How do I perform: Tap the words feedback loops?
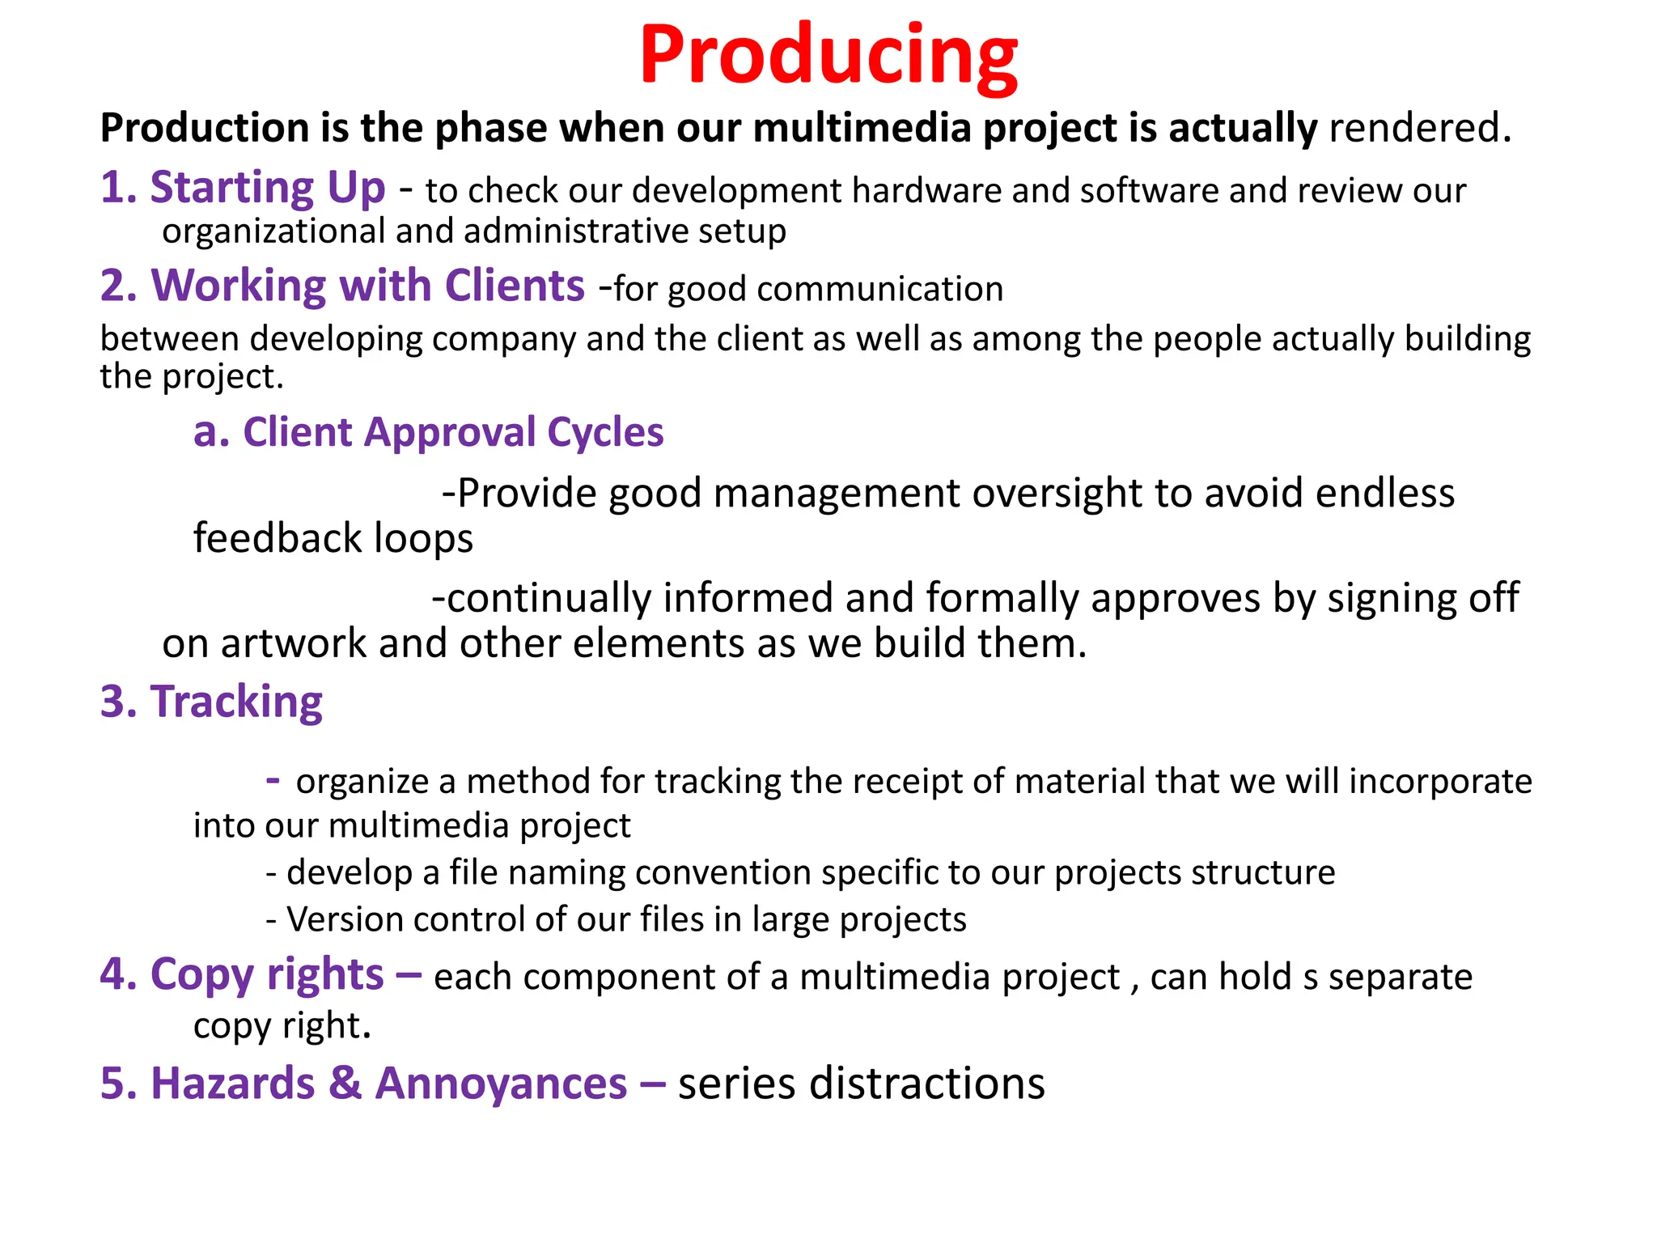(x=333, y=539)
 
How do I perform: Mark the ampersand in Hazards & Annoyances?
(x=345, y=1084)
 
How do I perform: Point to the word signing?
(x=1386, y=599)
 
